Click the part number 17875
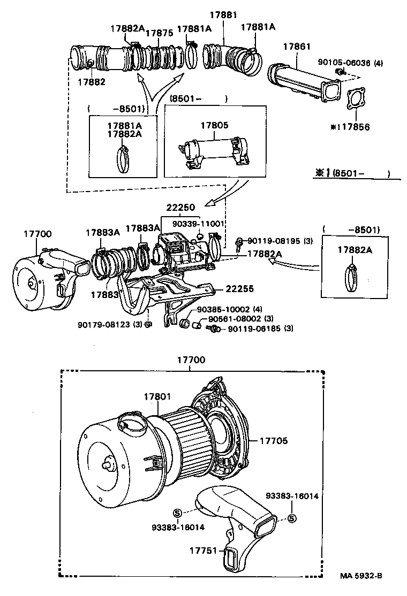[160, 33]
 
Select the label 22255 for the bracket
[239, 288]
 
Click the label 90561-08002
[231, 319]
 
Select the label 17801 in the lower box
[157, 396]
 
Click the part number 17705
[274, 441]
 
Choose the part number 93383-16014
[292, 496]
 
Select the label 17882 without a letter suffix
[91, 82]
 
